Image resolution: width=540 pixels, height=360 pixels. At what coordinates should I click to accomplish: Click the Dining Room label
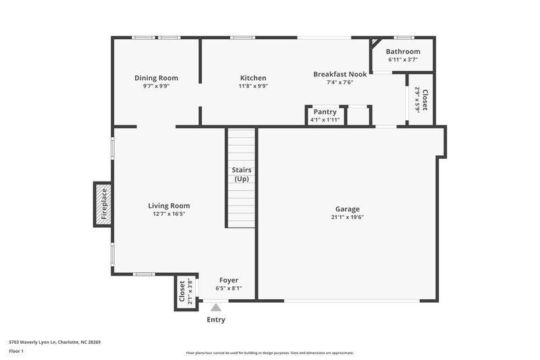click(x=156, y=78)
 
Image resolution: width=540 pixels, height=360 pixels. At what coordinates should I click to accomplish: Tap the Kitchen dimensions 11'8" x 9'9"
click(x=253, y=86)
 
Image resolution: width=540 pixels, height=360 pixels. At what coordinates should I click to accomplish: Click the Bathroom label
click(x=403, y=51)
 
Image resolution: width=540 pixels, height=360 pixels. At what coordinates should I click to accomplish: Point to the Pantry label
click(x=325, y=111)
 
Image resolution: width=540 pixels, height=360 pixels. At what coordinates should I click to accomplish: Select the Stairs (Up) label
click(x=242, y=174)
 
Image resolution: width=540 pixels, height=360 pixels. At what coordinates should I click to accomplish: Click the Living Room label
click(x=169, y=205)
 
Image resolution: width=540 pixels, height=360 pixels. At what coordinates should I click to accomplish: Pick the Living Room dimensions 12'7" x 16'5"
click(x=169, y=214)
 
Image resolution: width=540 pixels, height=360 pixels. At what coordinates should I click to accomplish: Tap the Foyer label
click(x=229, y=280)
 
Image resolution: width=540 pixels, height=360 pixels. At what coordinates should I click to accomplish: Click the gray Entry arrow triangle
click(x=216, y=307)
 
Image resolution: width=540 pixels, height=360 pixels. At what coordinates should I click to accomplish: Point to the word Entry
click(x=216, y=319)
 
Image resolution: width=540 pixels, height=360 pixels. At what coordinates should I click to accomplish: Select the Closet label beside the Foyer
click(x=182, y=292)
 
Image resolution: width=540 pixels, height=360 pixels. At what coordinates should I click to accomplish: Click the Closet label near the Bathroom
click(x=425, y=99)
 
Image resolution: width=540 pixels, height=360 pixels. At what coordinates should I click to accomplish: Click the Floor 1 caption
click(x=16, y=351)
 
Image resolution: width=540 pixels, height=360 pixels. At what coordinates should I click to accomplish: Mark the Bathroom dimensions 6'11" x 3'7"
click(x=403, y=60)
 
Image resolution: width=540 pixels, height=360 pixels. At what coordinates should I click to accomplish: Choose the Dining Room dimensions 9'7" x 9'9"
click(x=156, y=86)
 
